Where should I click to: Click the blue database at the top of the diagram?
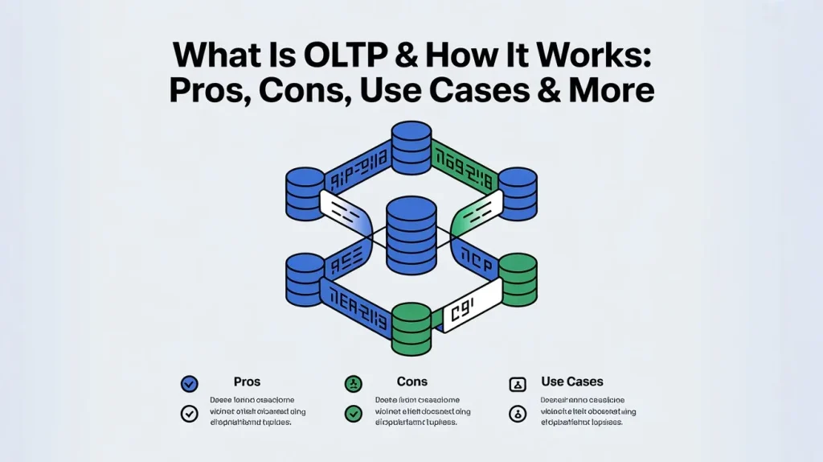411,143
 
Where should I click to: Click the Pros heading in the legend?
246,382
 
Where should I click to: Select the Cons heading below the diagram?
411,382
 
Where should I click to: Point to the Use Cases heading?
571,382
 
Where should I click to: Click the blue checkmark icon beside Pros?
190,383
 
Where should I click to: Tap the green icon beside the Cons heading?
353,383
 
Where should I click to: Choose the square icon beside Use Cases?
518,384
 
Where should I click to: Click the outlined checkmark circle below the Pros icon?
190,414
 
